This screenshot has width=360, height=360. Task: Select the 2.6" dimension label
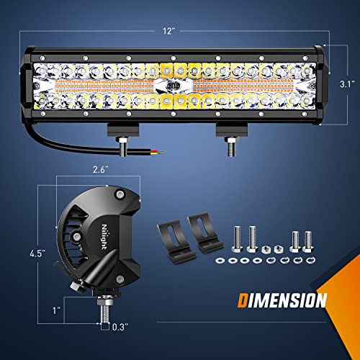[x=99, y=171]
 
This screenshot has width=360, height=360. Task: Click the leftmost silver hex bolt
[x=238, y=236]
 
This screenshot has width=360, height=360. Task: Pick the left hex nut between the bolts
[x=266, y=246]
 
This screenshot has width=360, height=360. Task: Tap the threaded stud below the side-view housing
[x=105, y=310]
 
